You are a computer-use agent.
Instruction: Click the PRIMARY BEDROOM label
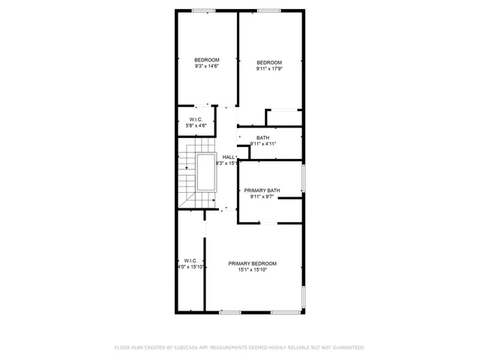click(x=253, y=263)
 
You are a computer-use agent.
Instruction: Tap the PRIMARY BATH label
click(x=262, y=190)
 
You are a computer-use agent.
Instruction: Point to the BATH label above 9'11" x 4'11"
click(x=262, y=138)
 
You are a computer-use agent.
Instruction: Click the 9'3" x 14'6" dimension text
click(x=207, y=67)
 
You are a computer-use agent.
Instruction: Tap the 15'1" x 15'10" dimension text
click(x=253, y=270)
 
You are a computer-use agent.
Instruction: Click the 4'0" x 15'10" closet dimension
click(x=190, y=267)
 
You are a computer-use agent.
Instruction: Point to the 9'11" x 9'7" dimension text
click(x=262, y=197)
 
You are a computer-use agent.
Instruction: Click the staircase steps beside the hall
click(x=186, y=180)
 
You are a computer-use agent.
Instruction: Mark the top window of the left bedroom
click(x=202, y=10)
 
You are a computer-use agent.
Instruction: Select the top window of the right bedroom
click(x=268, y=10)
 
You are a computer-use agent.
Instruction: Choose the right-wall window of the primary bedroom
click(x=303, y=298)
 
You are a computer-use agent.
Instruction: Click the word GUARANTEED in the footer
click(x=346, y=348)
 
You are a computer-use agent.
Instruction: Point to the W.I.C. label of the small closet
click(x=195, y=119)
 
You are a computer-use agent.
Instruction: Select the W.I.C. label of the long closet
click(x=190, y=260)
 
